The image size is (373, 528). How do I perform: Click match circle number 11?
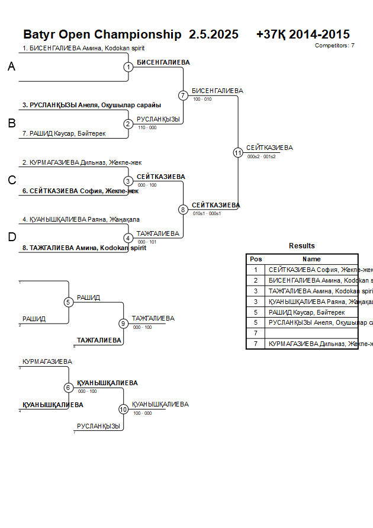238,152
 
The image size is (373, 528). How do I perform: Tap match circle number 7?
183,95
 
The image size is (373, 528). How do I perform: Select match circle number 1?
128,67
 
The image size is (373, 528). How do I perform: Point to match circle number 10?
123,409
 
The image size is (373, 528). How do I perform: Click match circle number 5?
68,302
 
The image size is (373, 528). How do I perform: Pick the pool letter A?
11,67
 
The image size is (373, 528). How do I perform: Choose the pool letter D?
11,238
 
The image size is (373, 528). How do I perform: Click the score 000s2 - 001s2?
262,156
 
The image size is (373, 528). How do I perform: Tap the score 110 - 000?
147,127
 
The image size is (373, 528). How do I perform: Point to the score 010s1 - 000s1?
207,213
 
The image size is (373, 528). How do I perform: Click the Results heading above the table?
302,246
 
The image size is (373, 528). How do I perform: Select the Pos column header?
256,259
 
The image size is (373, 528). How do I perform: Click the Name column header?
311,259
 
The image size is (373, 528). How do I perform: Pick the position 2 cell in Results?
256,280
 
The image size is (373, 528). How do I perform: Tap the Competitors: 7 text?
335,46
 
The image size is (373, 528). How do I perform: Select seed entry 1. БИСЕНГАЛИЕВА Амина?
83,49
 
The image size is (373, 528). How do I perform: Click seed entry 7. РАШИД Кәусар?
64,134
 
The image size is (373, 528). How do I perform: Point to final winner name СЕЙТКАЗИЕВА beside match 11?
269,148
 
